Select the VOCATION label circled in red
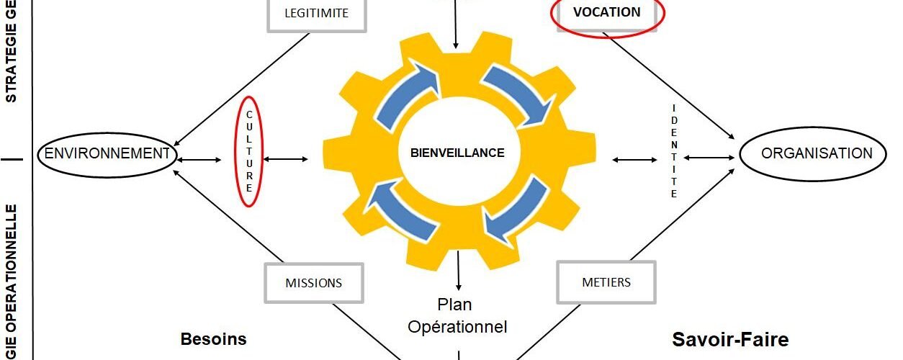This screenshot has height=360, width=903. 606,12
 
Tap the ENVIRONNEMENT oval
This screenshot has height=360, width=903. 106,153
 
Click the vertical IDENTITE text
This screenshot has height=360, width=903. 674,151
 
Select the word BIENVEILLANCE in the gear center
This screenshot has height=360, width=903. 457,153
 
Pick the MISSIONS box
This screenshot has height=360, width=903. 314,283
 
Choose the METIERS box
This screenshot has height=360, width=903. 606,282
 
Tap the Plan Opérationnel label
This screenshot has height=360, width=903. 457,315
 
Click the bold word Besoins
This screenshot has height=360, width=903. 213,339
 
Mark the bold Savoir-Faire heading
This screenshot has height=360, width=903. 730,339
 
